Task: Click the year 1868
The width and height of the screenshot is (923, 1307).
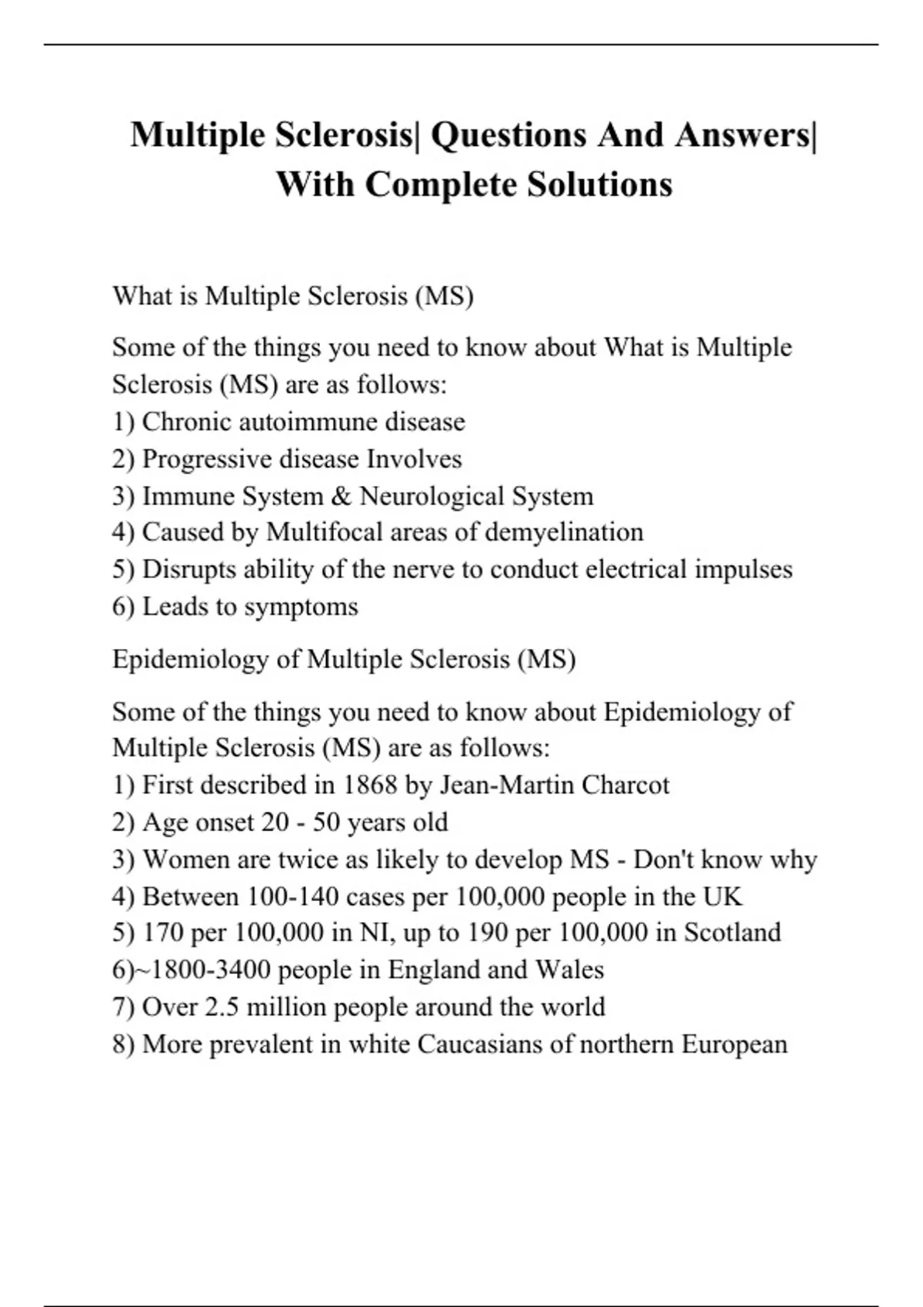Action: [x=369, y=785]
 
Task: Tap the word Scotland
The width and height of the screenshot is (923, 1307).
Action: [x=732, y=933]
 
